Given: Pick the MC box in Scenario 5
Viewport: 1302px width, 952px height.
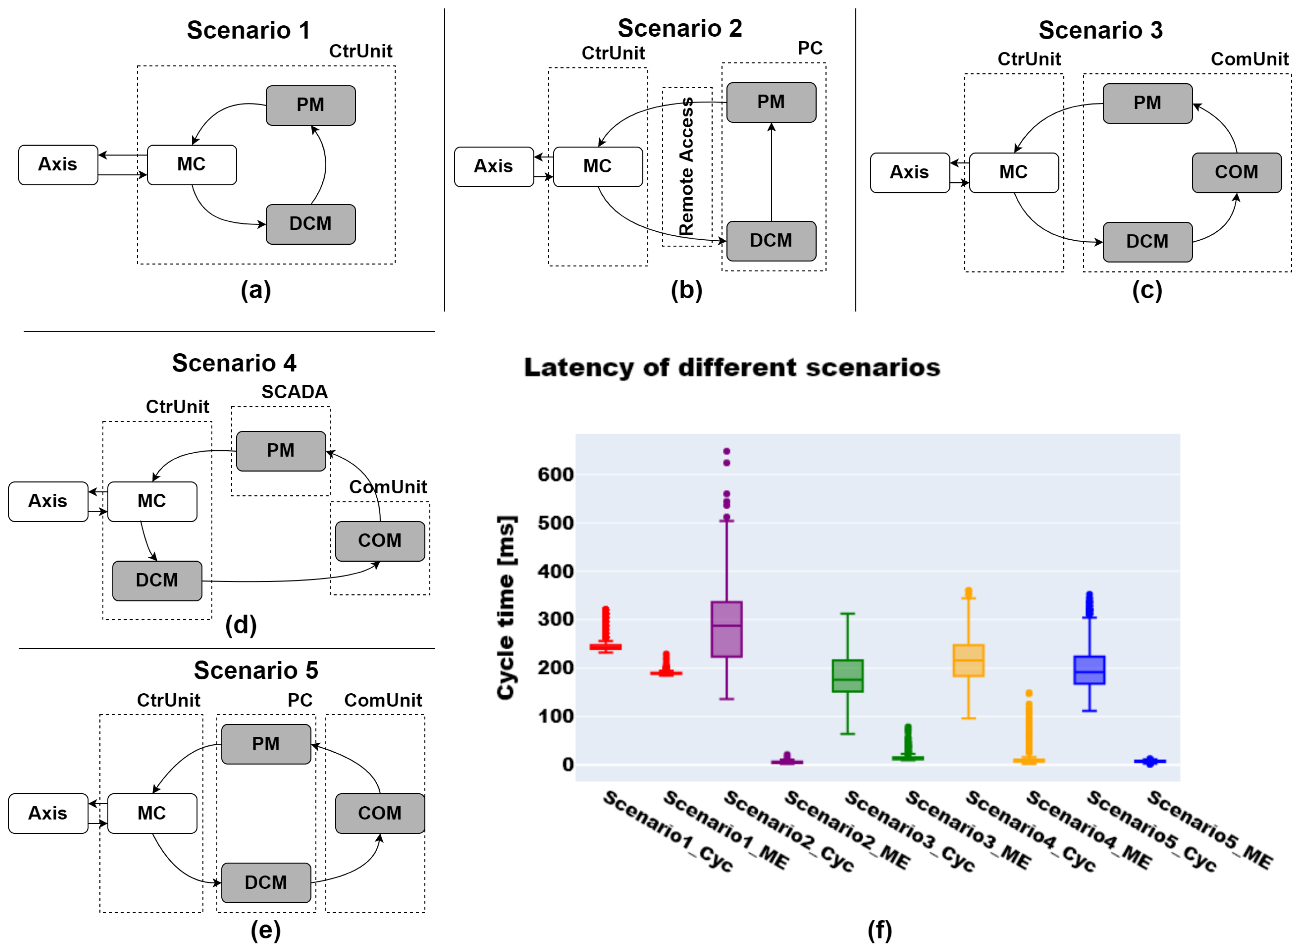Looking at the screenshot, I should (152, 813).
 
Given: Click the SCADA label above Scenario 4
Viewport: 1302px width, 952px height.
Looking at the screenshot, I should (294, 392).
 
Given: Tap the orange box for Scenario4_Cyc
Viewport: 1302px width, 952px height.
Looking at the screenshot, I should (968, 660).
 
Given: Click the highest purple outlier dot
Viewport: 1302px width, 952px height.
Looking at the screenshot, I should (727, 451).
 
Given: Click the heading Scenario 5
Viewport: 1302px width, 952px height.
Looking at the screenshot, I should (256, 670).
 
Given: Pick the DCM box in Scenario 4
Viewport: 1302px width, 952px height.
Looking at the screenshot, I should (157, 580).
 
